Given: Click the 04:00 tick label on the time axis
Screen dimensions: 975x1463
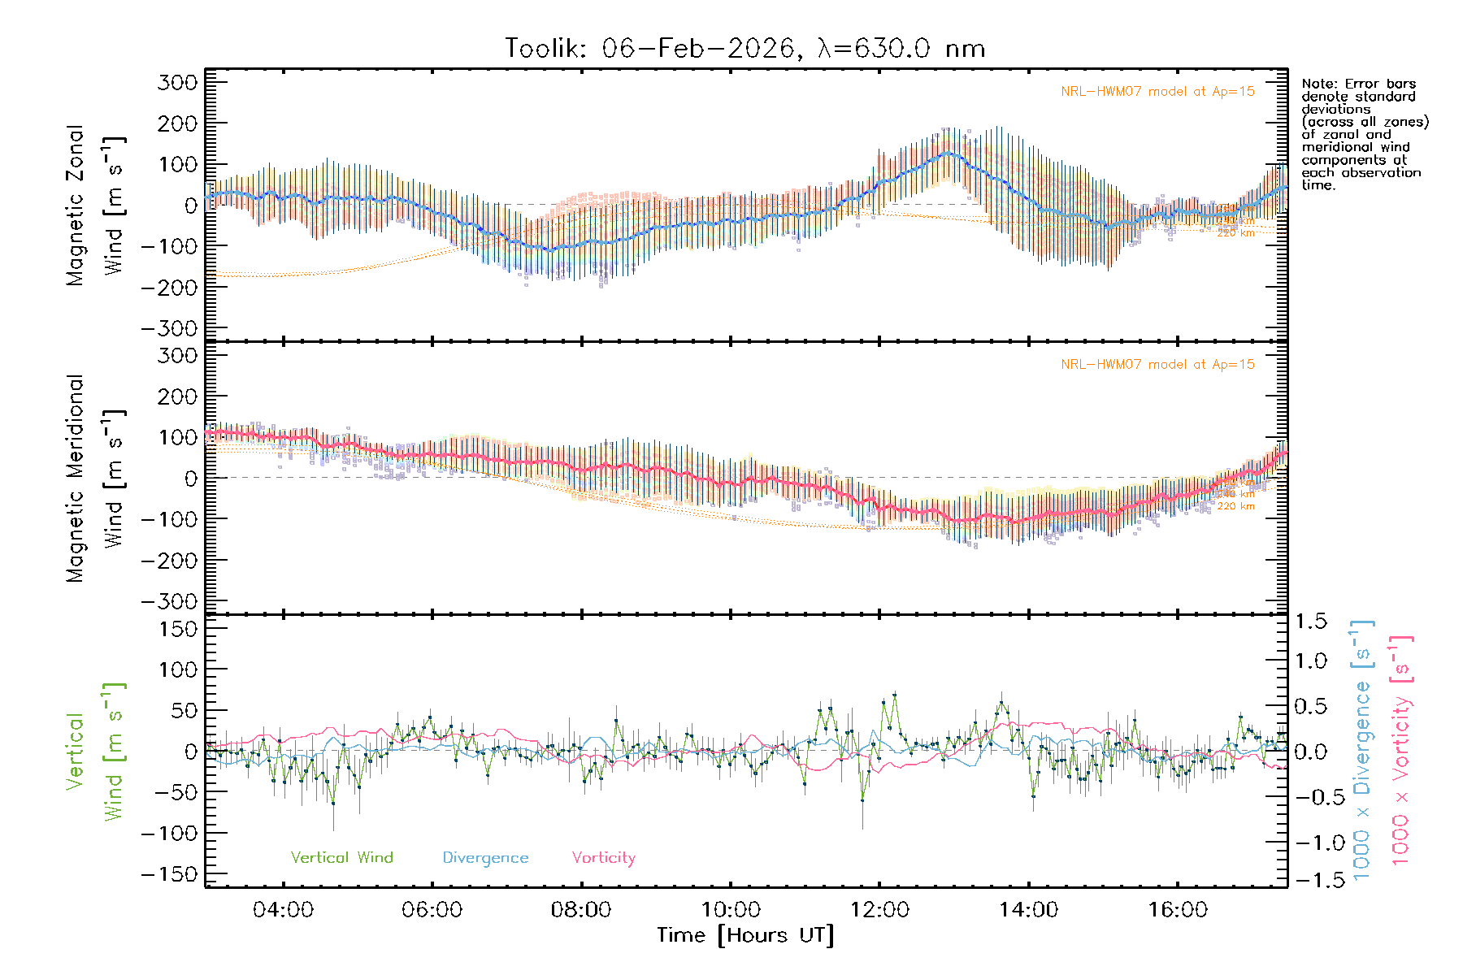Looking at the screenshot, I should pyautogui.click(x=283, y=910).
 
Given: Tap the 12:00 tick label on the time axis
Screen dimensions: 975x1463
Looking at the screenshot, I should pyautogui.click(x=879, y=910).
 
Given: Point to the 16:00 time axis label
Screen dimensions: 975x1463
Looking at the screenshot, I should pyautogui.click(x=1178, y=910).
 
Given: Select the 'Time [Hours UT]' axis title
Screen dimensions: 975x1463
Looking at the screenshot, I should pyautogui.click(x=745, y=936).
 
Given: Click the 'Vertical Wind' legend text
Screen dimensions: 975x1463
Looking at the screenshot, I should pyautogui.click(x=341, y=858).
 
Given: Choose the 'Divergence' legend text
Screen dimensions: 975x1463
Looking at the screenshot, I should pyautogui.click(x=485, y=858).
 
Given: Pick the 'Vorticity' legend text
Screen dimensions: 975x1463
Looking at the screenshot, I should pyautogui.click(x=603, y=858).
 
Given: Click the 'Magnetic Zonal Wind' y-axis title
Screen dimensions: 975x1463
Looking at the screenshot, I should pyautogui.click(x=96, y=205).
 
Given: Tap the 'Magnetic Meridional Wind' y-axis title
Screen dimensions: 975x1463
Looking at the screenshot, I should pyautogui.click(x=96, y=478).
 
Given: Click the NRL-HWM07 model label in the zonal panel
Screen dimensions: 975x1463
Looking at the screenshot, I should pyautogui.click(x=1157, y=92).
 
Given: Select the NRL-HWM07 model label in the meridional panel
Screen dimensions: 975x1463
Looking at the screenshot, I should pyautogui.click(x=1157, y=365).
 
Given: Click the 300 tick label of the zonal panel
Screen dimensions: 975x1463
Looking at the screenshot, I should pyautogui.click(x=178, y=82).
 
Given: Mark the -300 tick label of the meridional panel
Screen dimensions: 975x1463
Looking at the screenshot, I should pyautogui.click(x=169, y=601).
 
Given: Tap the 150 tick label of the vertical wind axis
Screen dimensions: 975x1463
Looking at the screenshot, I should pyautogui.click(x=178, y=629).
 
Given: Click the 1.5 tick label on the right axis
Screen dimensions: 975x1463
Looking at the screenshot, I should pyautogui.click(x=1311, y=622).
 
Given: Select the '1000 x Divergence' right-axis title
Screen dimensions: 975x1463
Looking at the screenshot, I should pyautogui.click(x=1362, y=751).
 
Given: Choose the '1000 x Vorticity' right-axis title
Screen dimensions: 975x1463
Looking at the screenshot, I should pyautogui.click(x=1401, y=751).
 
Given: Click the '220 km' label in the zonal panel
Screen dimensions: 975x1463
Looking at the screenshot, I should pyautogui.click(x=1235, y=233).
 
